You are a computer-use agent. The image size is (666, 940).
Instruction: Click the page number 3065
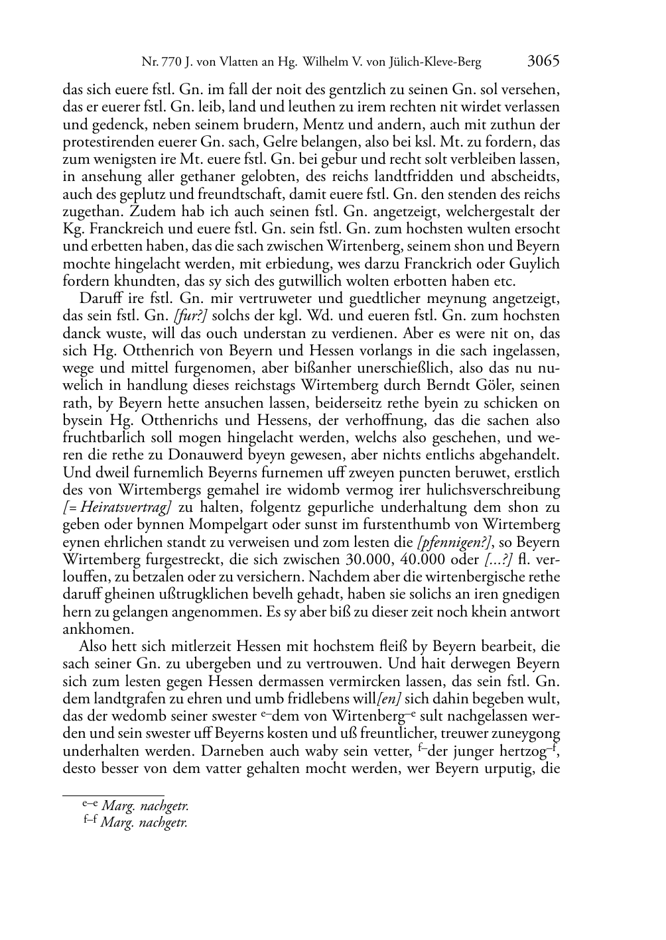[x=543, y=62]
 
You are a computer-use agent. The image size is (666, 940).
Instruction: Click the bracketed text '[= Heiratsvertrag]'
[x=118, y=508]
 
